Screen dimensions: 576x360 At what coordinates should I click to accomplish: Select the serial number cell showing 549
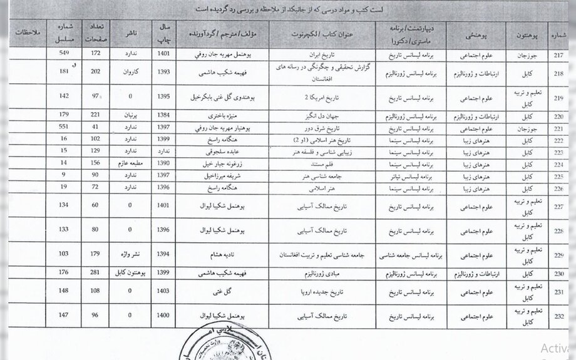pyautogui.click(x=63, y=54)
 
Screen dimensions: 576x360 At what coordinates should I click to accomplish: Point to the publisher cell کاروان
pyautogui.click(x=130, y=73)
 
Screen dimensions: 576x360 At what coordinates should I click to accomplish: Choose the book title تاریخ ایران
pyautogui.click(x=322, y=54)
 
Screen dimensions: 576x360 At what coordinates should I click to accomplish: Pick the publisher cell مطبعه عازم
pyautogui.click(x=130, y=162)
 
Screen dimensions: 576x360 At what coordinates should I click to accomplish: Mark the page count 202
pyautogui.click(x=96, y=73)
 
